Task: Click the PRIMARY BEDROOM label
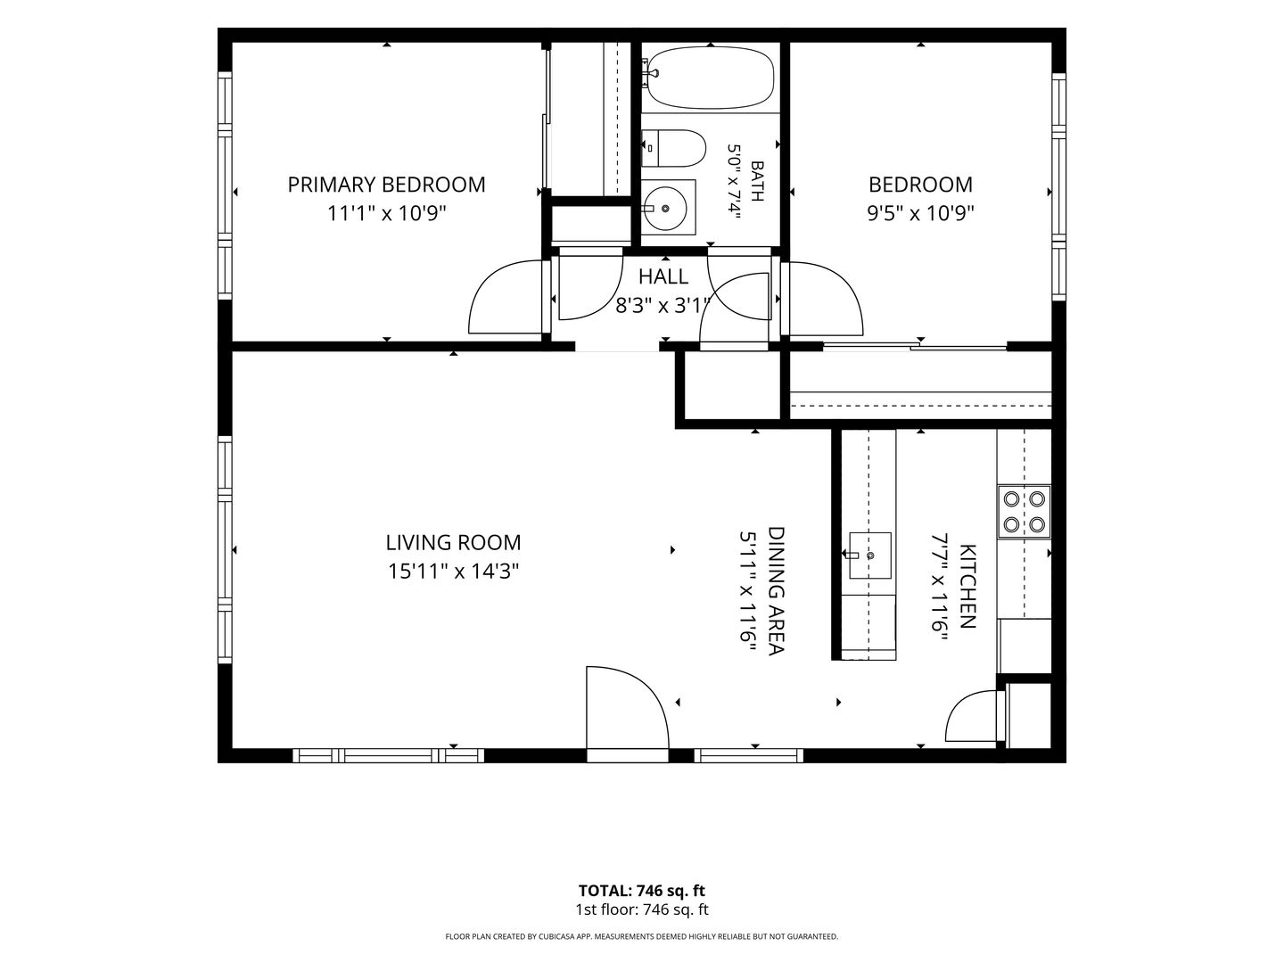coord(386,185)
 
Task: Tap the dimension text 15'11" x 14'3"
coord(453,571)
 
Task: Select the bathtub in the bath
coord(711,78)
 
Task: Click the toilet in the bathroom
coord(672,149)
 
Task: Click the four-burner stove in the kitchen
coord(1025,512)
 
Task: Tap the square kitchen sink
coord(870,556)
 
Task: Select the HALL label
coord(663,276)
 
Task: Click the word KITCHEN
coord(968,587)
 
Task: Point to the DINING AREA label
coord(776,591)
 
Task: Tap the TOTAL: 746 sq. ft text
coord(642,891)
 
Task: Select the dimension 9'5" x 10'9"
coord(920,214)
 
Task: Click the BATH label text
coord(757,181)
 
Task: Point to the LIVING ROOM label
coord(453,543)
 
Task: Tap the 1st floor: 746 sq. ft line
coord(642,909)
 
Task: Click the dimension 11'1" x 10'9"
coord(386,214)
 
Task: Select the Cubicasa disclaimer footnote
coord(642,936)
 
